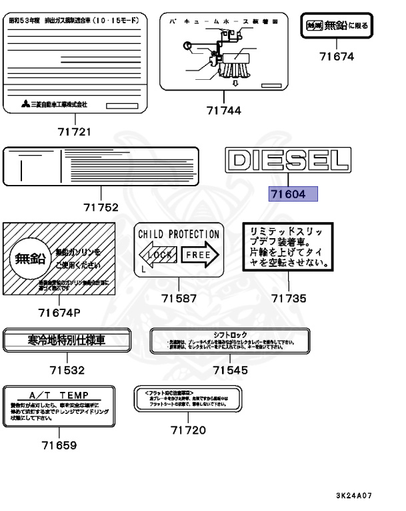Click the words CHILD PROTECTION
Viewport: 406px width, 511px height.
[x=179, y=235]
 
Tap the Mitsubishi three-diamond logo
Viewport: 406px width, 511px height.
[x=25, y=104]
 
